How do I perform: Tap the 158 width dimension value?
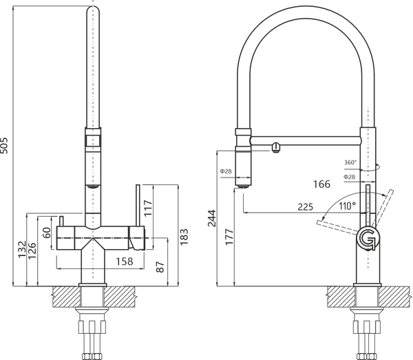[125, 262]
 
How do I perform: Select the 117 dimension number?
[148, 208]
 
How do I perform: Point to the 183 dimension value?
[184, 237]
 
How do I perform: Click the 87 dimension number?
[160, 267]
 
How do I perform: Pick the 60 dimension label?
[47, 233]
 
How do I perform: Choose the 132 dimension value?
[22, 249]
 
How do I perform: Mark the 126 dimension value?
[32, 251]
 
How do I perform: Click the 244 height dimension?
[212, 218]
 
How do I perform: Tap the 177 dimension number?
[229, 237]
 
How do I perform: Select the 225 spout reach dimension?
[305, 207]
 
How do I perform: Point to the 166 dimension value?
[321, 184]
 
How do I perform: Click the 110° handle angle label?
[348, 206]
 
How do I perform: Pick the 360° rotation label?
[350, 162]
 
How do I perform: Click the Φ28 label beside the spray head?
[226, 171]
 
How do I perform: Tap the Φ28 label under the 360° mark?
[349, 177]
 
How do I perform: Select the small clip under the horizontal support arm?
[275, 148]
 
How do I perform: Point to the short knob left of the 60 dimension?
[61, 221]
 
